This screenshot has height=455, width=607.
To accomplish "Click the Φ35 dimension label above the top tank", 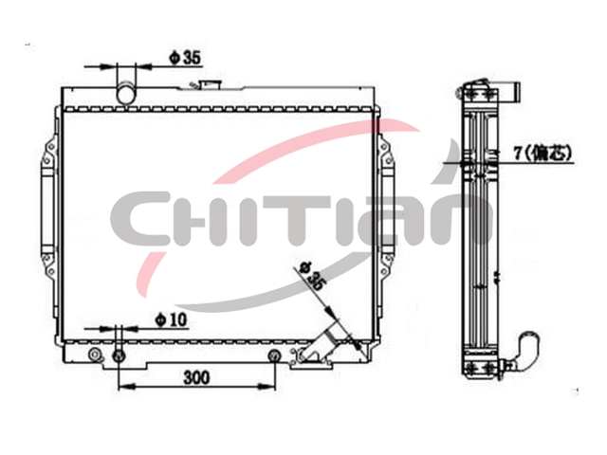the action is (x=185, y=58).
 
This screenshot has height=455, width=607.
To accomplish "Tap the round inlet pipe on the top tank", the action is (x=126, y=93).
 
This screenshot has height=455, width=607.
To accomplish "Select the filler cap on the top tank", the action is (x=210, y=84).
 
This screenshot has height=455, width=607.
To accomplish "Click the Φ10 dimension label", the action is (x=171, y=320).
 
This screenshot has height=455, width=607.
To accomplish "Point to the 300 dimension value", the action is (x=196, y=377).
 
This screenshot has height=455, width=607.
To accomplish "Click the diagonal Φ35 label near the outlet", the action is (x=312, y=275).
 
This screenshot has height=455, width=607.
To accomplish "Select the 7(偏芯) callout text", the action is (x=543, y=154).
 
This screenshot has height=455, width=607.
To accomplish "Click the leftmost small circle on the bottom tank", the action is (x=95, y=355).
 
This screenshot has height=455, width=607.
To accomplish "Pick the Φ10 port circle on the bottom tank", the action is (x=119, y=355).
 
